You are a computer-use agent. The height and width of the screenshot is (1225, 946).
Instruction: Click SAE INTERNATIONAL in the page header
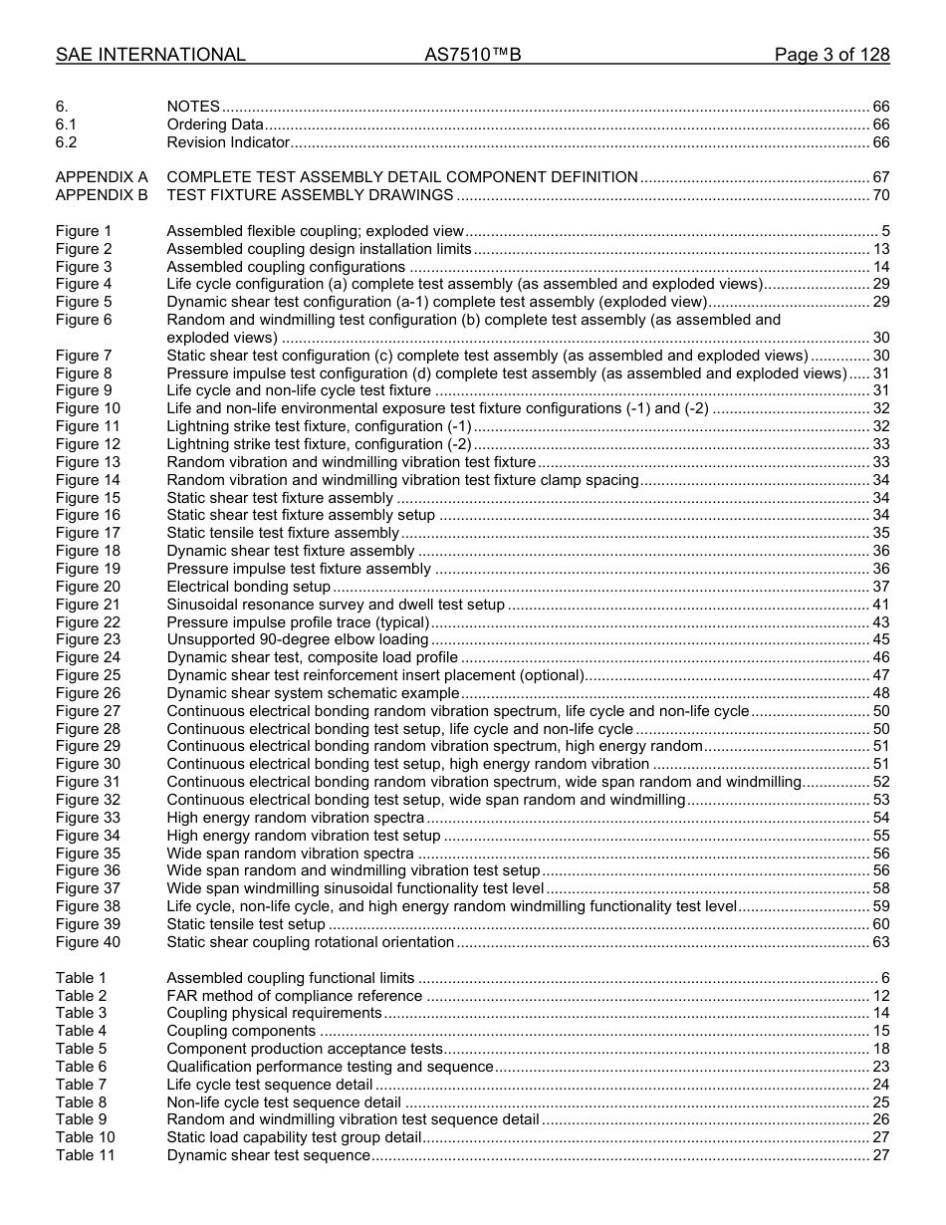[150, 55]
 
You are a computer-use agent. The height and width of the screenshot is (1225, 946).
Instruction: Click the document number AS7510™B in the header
[472, 55]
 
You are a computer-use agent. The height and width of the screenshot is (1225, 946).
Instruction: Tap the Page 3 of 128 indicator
[831, 55]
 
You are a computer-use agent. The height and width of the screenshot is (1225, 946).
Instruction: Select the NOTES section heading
[193, 107]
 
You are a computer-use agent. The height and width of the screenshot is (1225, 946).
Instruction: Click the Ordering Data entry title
[215, 124]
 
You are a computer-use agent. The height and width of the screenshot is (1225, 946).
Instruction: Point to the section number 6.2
[66, 142]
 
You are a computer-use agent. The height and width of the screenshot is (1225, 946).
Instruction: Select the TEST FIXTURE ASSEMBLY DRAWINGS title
[310, 195]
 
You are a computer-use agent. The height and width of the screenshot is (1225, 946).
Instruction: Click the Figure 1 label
[84, 231]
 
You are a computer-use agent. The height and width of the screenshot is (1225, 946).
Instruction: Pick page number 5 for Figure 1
[885, 231]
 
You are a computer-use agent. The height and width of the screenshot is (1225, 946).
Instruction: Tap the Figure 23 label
[88, 639]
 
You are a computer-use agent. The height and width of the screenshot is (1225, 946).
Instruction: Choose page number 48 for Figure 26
[880, 693]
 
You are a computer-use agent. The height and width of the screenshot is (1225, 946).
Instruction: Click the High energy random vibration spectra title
[296, 818]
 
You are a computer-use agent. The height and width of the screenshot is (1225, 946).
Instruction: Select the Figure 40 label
[88, 942]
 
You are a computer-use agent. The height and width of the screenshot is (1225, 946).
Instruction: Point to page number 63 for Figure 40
[880, 942]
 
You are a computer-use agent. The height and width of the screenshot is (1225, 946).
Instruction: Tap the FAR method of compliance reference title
[294, 996]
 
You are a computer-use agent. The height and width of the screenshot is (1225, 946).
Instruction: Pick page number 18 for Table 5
[880, 1049]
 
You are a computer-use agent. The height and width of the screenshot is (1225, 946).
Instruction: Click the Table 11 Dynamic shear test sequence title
[268, 1155]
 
